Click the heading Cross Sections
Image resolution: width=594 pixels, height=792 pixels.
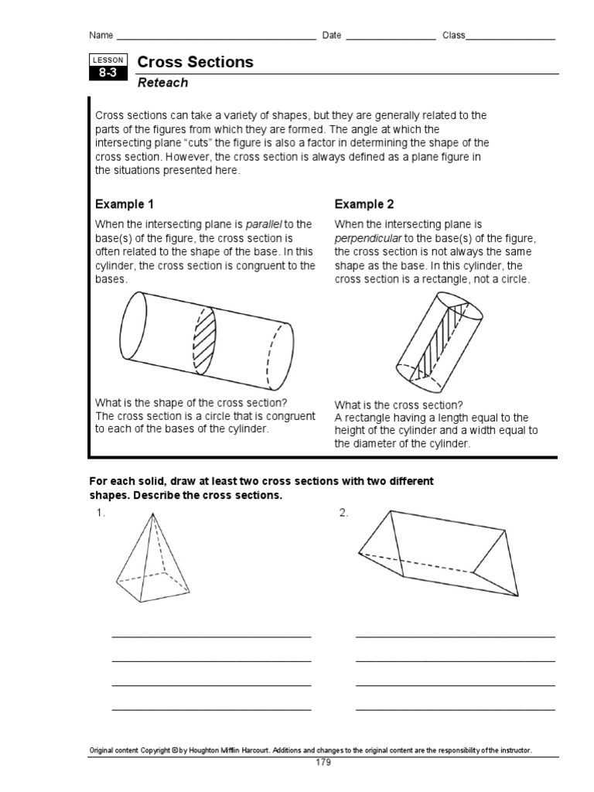195,63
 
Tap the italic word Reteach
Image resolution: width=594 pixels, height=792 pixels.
162,83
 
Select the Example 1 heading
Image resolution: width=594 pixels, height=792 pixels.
125,204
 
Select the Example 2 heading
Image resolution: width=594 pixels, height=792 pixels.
364,204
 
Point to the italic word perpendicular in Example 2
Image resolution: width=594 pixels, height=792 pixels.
367,238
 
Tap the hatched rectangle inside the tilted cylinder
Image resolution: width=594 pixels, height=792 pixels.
439,341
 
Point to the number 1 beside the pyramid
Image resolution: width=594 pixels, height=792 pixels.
100,514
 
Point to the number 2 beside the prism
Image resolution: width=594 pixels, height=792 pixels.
343,514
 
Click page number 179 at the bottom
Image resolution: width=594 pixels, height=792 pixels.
323,763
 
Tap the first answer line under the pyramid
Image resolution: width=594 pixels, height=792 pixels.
211,636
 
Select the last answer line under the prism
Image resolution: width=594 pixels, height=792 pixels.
455,708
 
